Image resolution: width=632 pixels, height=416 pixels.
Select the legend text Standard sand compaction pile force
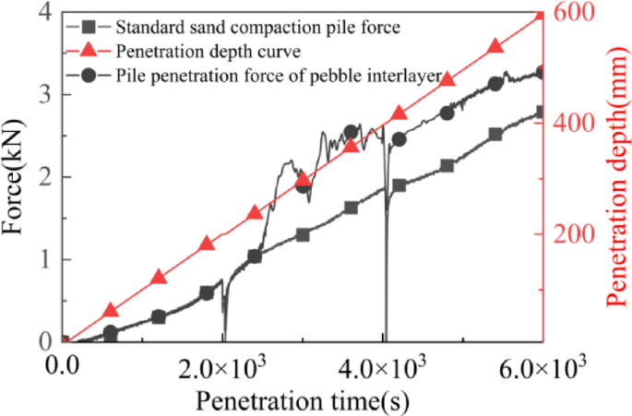tap(257, 28)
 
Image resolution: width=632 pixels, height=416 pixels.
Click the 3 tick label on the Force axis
tap(44, 95)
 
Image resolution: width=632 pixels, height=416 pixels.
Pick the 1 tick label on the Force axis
tap(44, 259)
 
